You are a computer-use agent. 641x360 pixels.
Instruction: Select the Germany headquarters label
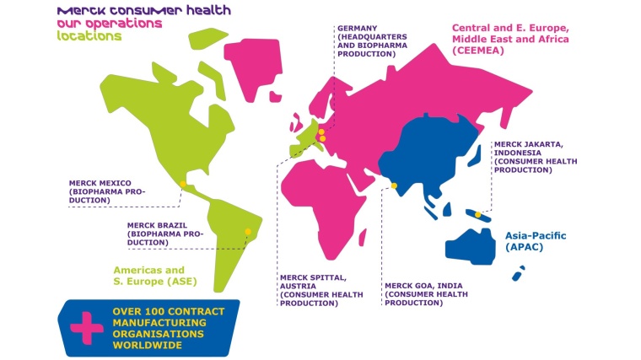[368, 40]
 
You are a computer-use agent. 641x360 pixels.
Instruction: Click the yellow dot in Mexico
[183, 183]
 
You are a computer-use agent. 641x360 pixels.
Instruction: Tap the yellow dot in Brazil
[247, 232]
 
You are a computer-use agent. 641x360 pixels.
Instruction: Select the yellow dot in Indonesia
[477, 215]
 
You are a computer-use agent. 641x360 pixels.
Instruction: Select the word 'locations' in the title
[89, 36]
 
